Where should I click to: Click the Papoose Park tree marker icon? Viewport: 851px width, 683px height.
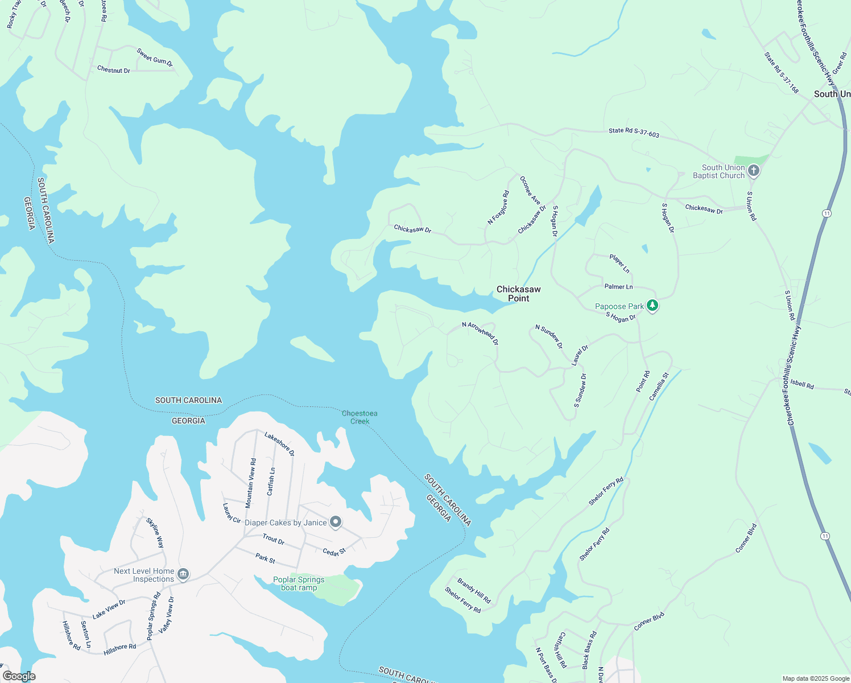[652, 306]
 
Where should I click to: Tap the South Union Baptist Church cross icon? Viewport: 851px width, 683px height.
[754, 170]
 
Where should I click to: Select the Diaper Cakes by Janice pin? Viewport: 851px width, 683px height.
[336, 522]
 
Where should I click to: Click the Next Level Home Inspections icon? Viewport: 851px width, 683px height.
[183, 574]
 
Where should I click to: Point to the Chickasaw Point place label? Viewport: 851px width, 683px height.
[518, 294]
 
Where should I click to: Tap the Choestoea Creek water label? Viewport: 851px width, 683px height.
[360, 417]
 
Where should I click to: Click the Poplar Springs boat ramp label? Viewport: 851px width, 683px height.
[299, 583]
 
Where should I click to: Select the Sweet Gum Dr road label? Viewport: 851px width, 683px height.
[155, 58]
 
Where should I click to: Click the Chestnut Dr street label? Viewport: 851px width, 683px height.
[114, 70]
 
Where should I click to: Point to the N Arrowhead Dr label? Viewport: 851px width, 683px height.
[480, 333]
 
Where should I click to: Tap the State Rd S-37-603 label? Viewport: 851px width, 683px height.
[634, 133]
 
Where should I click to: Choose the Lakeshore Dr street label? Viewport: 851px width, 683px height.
[279, 444]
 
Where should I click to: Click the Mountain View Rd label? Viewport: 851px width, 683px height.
[251, 483]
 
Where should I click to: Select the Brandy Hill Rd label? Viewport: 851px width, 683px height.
[474, 591]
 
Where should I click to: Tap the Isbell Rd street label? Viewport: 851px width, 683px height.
[802, 385]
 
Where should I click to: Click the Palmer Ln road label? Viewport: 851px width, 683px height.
[618, 287]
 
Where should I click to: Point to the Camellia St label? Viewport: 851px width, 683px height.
[659, 386]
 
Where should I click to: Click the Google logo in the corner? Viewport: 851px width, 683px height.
[19, 676]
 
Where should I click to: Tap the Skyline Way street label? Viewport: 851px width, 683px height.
[155, 533]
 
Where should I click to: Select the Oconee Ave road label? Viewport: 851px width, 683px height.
[530, 190]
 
